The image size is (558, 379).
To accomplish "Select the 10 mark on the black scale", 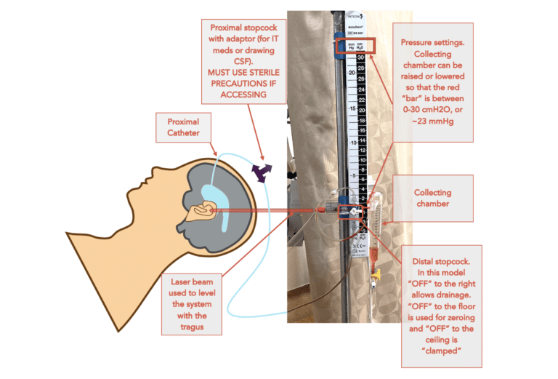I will click(x=351, y=143).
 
